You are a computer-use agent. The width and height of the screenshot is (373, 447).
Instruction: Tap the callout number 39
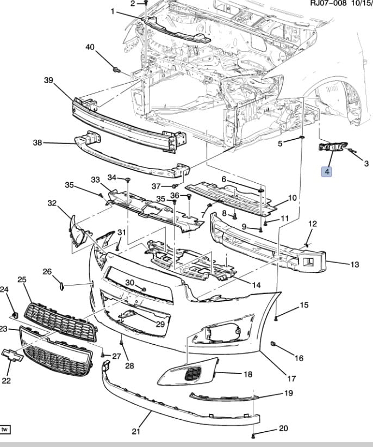(48, 80)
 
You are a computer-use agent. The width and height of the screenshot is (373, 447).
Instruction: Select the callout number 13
(355, 265)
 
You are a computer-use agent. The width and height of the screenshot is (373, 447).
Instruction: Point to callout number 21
(136, 432)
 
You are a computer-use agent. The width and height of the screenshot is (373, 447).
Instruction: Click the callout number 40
(90, 47)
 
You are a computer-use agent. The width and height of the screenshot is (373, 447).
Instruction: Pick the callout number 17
(291, 378)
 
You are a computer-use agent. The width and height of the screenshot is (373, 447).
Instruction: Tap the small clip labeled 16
(274, 344)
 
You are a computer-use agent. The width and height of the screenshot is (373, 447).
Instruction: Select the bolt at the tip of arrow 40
(115, 70)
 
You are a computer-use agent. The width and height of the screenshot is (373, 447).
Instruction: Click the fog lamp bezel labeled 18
(188, 374)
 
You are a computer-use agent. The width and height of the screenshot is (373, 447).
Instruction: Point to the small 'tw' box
(5, 430)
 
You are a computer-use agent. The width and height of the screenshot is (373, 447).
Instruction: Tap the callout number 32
(52, 203)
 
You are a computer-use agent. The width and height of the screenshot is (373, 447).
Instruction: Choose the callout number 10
(292, 198)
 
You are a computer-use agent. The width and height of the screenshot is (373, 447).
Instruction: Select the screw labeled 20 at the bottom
(254, 436)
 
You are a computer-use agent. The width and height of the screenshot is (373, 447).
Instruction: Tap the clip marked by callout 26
(61, 284)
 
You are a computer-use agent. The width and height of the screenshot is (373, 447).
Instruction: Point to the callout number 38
(38, 143)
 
